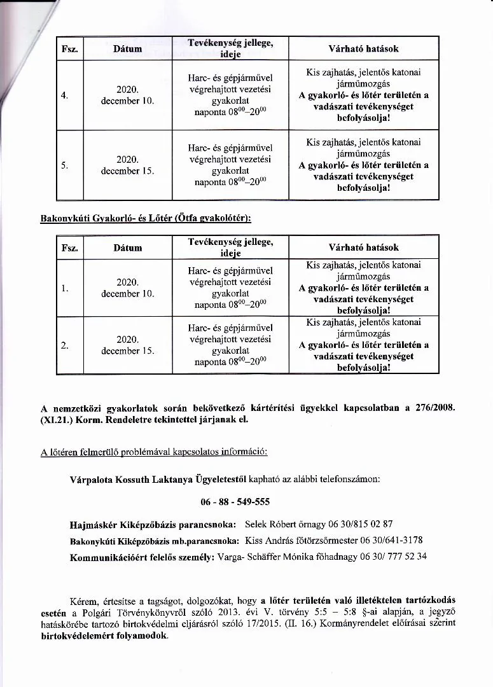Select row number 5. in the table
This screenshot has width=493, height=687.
[64, 165]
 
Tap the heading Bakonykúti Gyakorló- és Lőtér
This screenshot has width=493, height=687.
[146, 218]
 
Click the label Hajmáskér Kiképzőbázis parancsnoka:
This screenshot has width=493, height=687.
[153, 525]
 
